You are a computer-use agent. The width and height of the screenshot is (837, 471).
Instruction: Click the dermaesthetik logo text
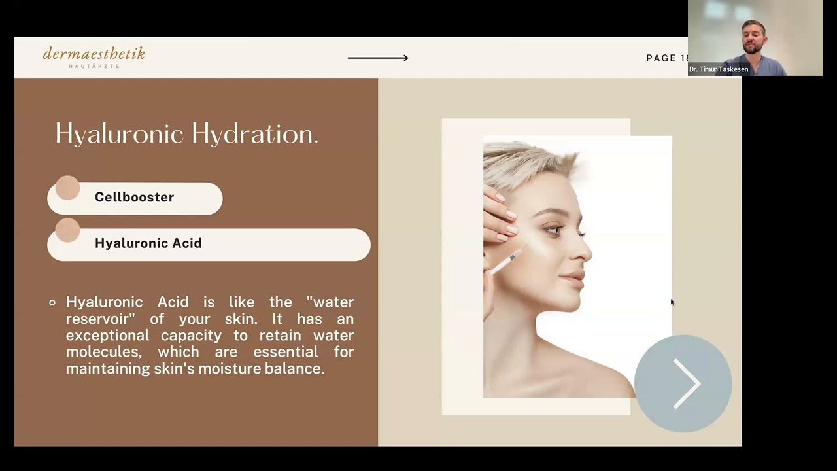tap(94, 54)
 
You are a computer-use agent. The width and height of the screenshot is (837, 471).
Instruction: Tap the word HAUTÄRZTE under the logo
tap(94, 66)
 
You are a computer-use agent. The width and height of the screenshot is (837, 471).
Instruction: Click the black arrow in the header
tap(378, 58)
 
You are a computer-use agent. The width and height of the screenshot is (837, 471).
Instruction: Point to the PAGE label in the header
tap(661, 58)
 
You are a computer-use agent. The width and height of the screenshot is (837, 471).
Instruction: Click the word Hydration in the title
tap(255, 134)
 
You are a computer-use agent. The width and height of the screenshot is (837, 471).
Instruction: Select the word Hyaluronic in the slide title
tap(120, 134)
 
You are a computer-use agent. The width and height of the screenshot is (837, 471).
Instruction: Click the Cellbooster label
tap(135, 197)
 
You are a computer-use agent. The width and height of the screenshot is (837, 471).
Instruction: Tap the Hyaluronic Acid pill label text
tap(148, 243)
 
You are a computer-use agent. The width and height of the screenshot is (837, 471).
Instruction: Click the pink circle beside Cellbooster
tap(67, 188)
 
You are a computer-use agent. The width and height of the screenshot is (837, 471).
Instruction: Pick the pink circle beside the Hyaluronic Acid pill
tap(67, 230)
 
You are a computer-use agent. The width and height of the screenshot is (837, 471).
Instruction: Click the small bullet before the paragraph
tap(52, 302)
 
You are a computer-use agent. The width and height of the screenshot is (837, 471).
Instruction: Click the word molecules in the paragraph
tap(104, 352)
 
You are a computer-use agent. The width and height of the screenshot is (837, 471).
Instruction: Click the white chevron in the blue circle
tap(687, 383)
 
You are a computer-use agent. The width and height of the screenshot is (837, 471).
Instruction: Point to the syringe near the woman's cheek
tap(506, 260)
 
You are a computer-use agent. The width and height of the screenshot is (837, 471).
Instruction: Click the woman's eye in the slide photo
tap(554, 230)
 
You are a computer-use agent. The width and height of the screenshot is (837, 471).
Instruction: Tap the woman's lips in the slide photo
tap(574, 279)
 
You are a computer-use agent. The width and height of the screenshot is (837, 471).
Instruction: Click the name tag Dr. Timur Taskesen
tap(719, 69)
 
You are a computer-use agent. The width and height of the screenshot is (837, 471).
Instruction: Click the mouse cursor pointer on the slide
tap(673, 302)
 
